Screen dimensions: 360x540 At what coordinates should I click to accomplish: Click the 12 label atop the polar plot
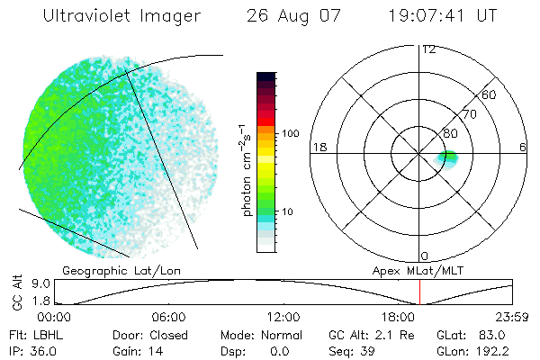(x=429, y=49)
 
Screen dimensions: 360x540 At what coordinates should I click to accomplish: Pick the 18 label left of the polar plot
(x=318, y=147)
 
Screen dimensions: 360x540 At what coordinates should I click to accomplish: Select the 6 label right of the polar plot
(x=523, y=147)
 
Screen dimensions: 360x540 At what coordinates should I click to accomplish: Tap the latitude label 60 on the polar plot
(x=490, y=94)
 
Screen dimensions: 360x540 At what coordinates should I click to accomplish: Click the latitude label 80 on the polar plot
(x=452, y=132)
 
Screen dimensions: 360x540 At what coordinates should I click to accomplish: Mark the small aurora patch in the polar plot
(x=448, y=159)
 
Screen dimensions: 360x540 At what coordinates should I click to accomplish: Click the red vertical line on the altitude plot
(x=420, y=292)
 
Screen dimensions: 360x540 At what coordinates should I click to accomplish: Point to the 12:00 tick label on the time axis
(x=283, y=317)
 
